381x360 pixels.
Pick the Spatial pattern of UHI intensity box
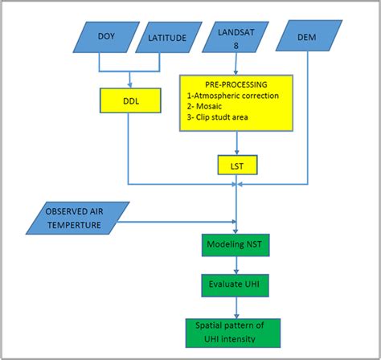coord(236,332)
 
